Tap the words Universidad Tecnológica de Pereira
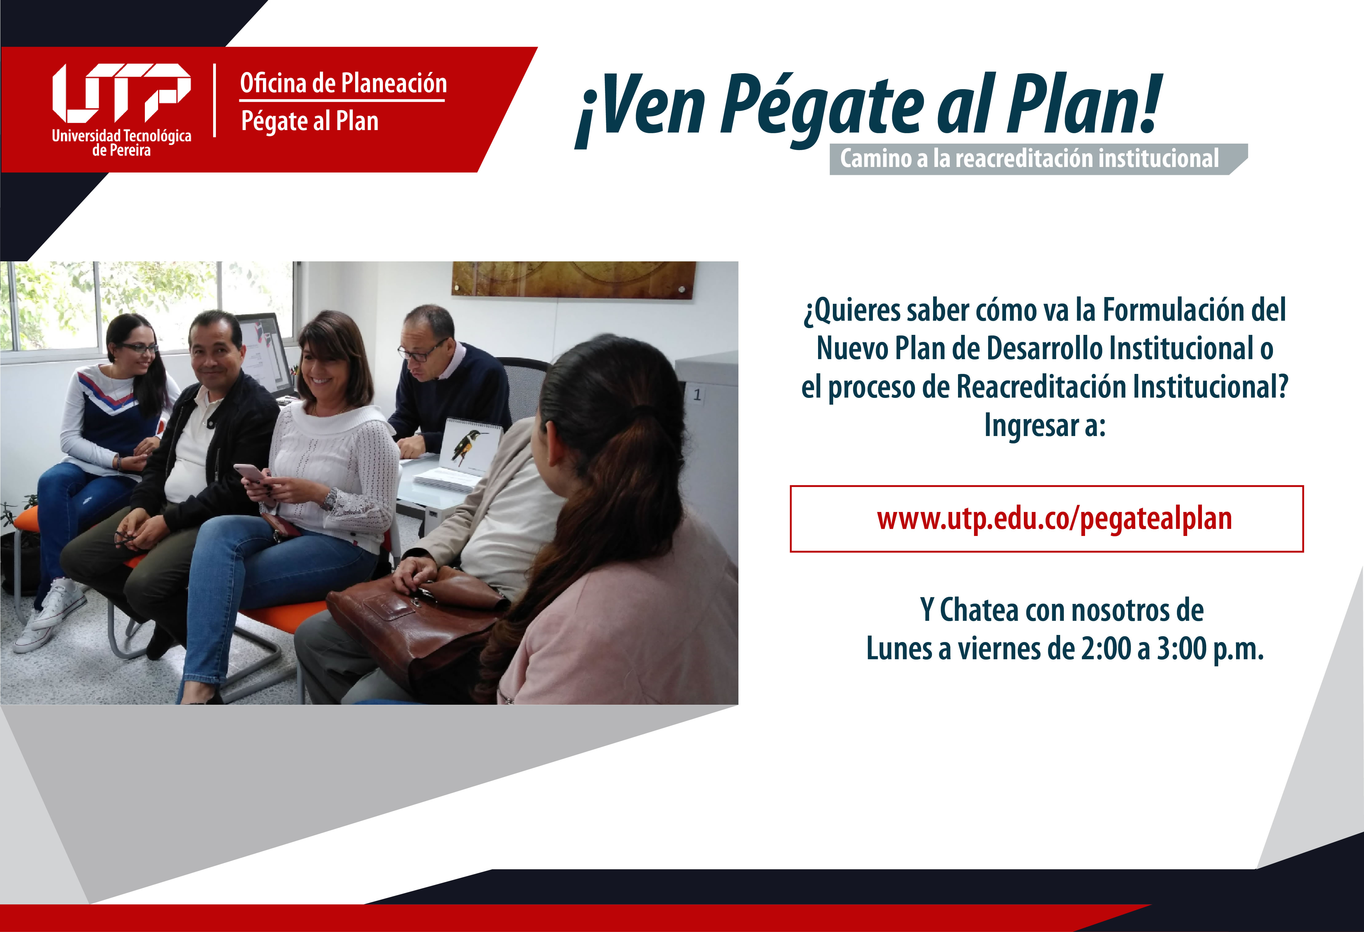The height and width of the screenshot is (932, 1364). pyautogui.click(x=121, y=143)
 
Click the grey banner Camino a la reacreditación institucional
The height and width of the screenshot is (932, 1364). pyautogui.click(x=1038, y=158)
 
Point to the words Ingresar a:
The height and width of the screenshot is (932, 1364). pyautogui.click(x=1045, y=425)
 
